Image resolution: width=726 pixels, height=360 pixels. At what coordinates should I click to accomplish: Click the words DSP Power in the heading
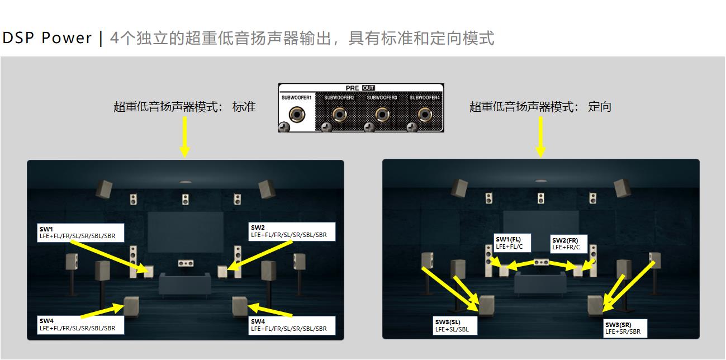47,38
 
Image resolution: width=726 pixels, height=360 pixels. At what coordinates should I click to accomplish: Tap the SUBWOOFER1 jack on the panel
296,115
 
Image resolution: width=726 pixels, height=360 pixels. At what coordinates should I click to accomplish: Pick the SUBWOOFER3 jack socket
382,115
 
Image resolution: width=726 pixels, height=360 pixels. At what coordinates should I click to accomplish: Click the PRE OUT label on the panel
360,88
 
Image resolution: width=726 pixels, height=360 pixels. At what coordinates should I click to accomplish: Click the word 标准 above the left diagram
244,107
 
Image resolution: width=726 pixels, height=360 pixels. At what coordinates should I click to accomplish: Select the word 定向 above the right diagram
600,107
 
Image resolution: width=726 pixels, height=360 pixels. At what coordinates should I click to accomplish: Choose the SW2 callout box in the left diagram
292,231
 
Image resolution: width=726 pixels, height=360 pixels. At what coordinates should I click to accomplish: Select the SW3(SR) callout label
625,328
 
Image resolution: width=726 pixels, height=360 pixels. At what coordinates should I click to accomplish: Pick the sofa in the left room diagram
185,284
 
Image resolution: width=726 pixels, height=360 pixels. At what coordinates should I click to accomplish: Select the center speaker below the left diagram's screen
185,263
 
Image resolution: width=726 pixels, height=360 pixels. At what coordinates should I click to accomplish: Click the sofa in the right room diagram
540,284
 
